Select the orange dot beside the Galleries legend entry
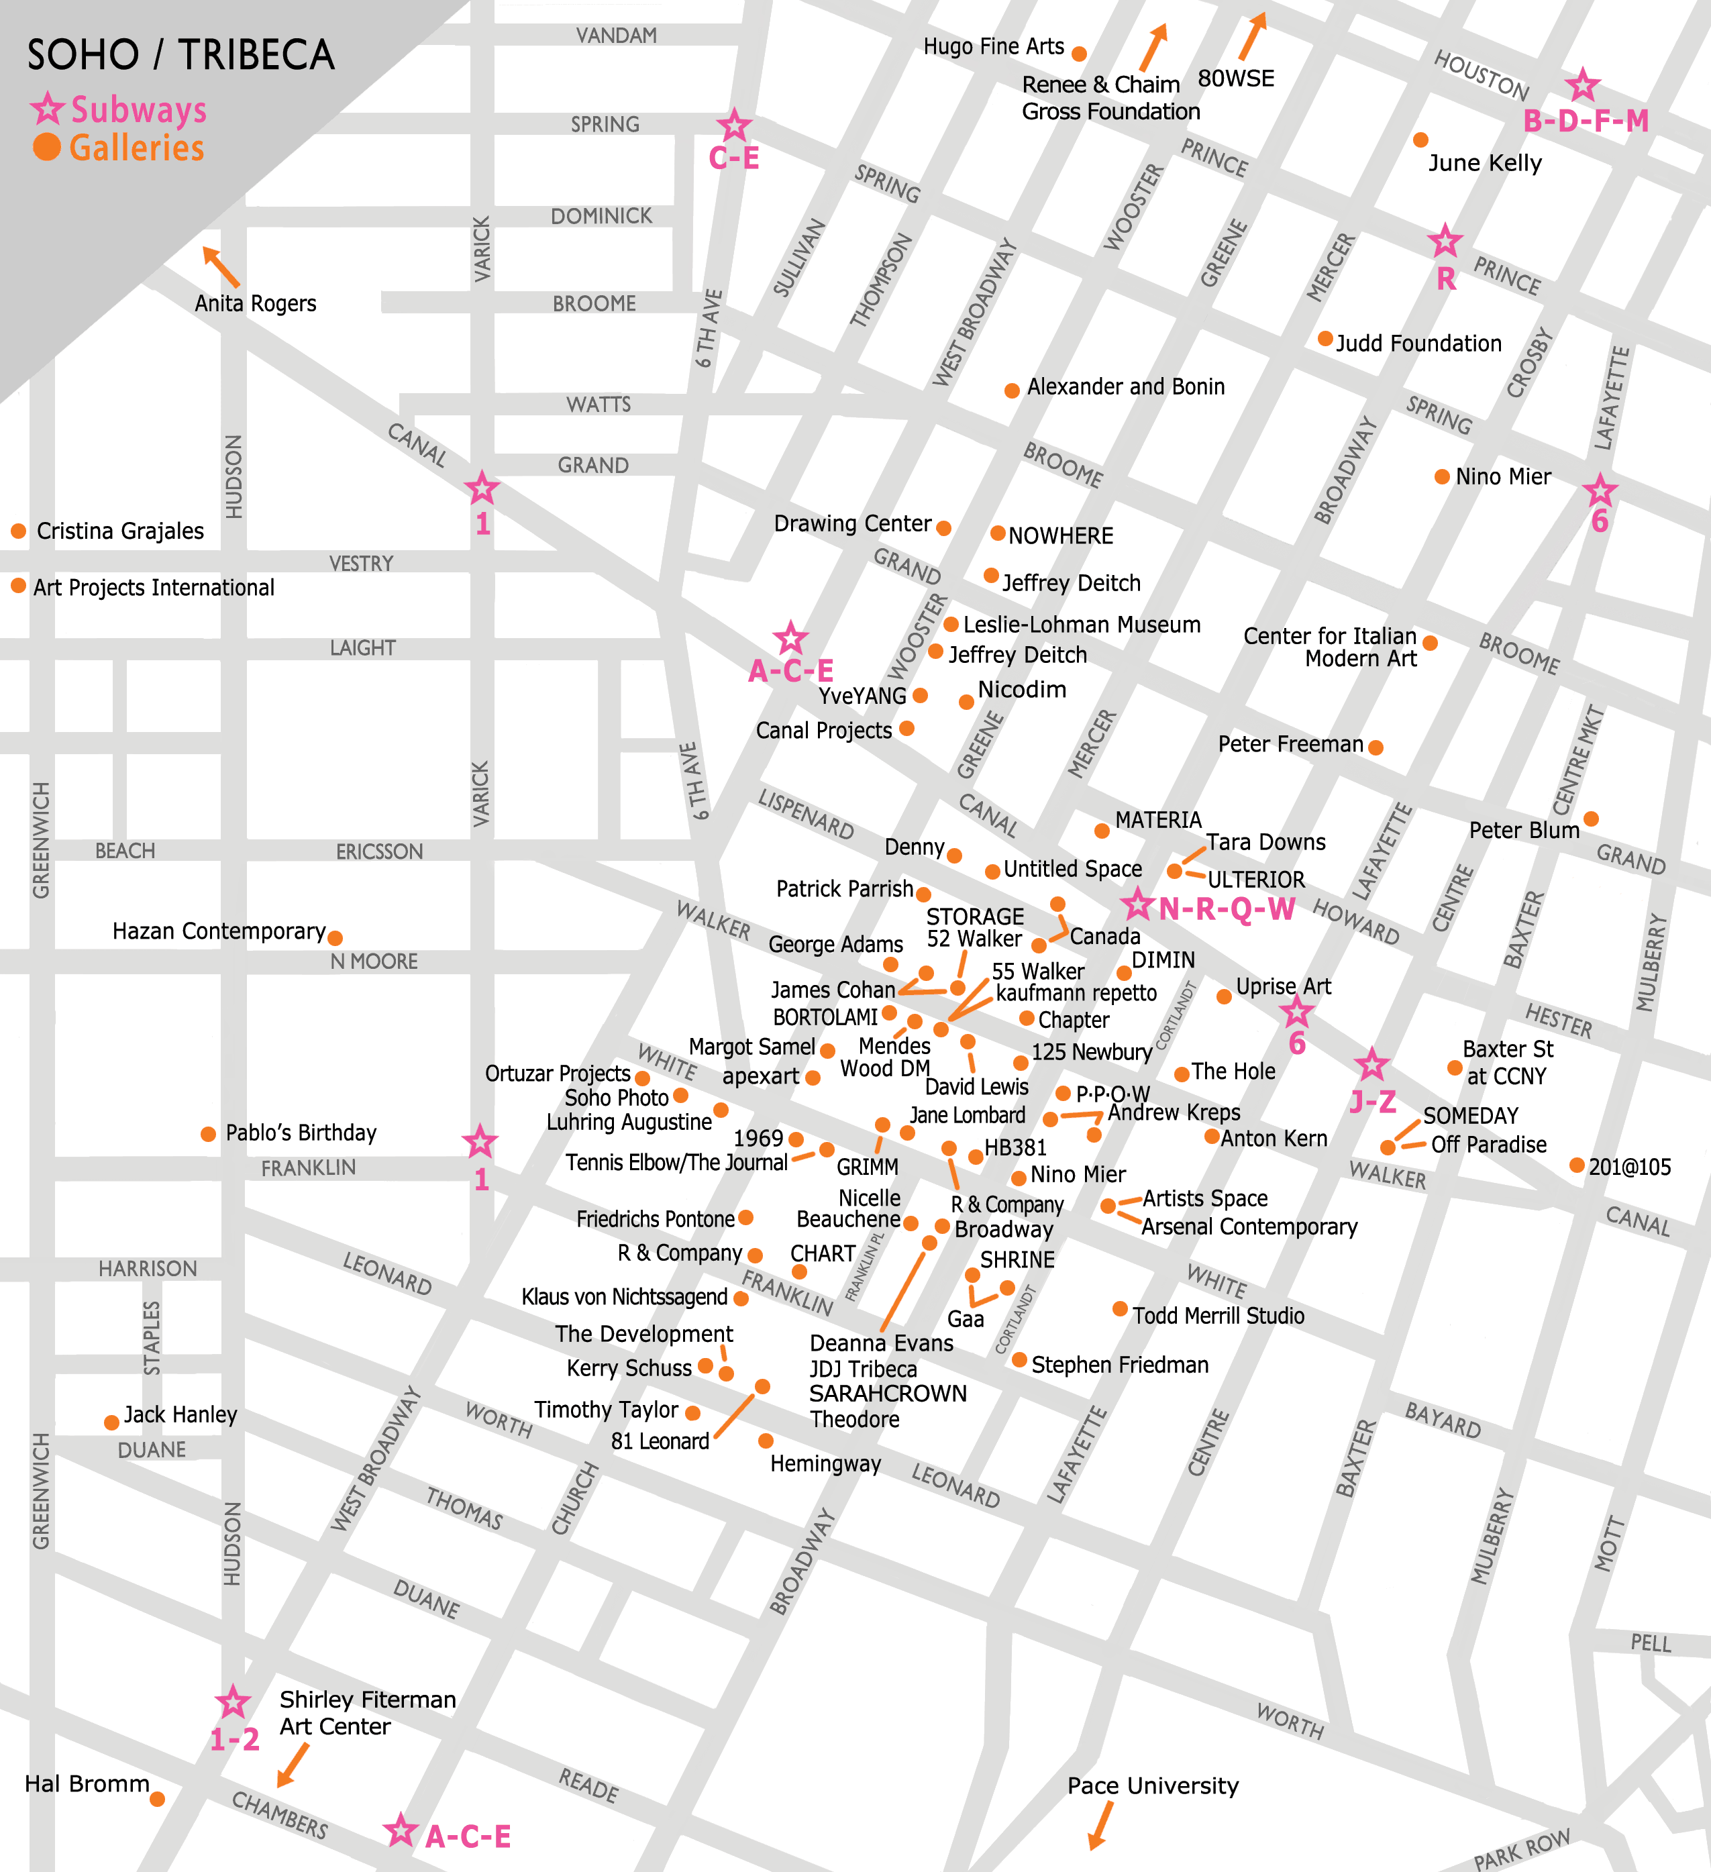coord(46,147)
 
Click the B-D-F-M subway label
coord(1586,121)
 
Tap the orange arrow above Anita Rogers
coord(221,266)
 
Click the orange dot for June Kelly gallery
coord(1420,140)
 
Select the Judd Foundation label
coord(1418,344)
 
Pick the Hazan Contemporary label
coord(219,931)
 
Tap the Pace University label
coord(1152,1785)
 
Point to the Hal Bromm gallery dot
coord(157,1799)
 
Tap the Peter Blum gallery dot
coord(1590,818)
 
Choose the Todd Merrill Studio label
coord(1218,1316)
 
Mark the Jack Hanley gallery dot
coord(111,1422)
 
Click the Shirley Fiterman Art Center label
coord(367,1712)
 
